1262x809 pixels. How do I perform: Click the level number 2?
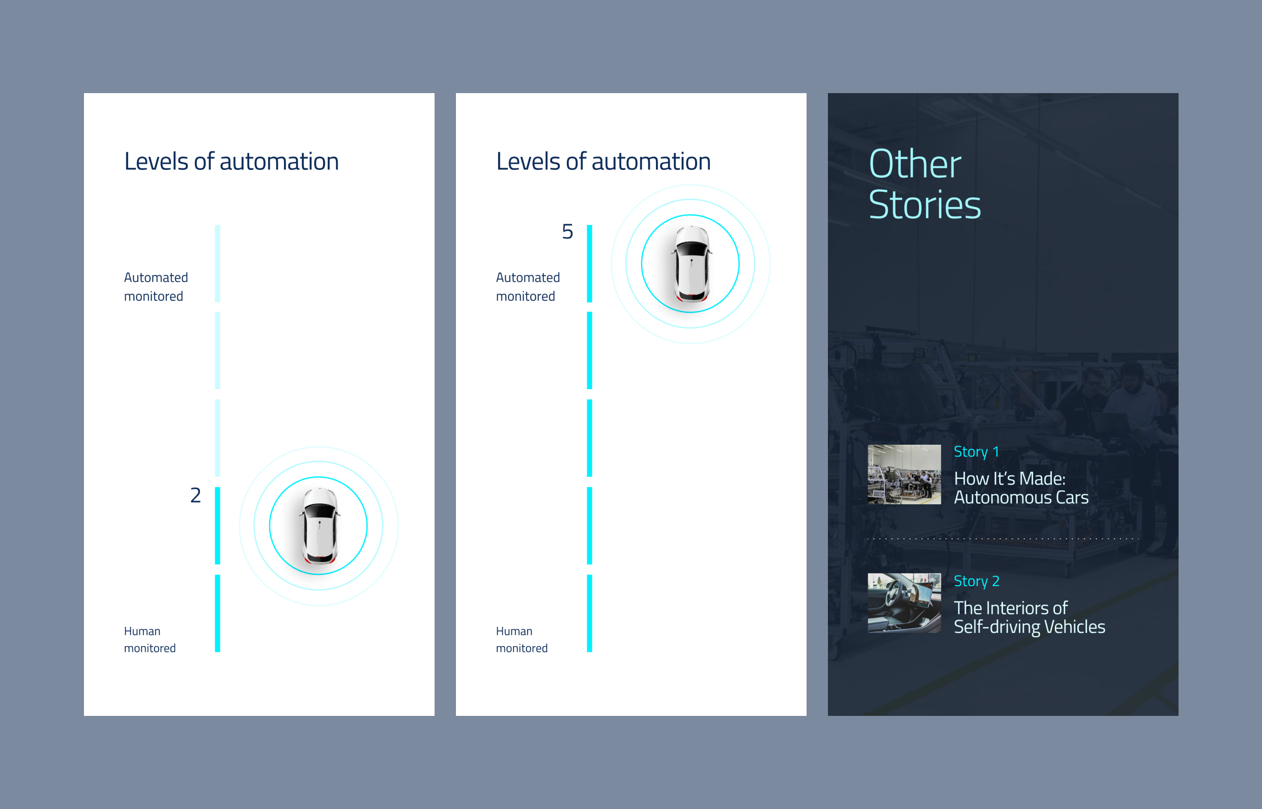pyautogui.click(x=195, y=496)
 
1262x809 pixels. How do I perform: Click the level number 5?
pyautogui.click(x=567, y=232)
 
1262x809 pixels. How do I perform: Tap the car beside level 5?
pyautogui.click(x=691, y=263)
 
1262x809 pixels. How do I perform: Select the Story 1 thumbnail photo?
pyautogui.click(x=904, y=474)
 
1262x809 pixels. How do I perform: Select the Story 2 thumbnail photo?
pyautogui.click(x=904, y=602)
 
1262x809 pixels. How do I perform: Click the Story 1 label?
pyautogui.click(x=976, y=452)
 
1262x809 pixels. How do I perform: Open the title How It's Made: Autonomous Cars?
pyautogui.click(x=1021, y=488)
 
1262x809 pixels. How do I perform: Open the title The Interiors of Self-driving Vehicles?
pyautogui.click(x=1029, y=617)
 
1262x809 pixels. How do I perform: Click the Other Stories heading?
pyautogui.click(x=925, y=184)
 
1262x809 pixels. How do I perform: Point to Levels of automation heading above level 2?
pyautogui.click(x=232, y=161)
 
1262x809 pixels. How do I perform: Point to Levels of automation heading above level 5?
pyautogui.click(x=604, y=161)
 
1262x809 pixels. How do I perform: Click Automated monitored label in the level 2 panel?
pyautogui.click(x=156, y=287)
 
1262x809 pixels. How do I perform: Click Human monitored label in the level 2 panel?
pyautogui.click(x=150, y=640)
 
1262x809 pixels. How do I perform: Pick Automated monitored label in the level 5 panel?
pyautogui.click(x=528, y=287)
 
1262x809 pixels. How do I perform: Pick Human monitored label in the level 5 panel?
pyautogui.click(x=522, y=640)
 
